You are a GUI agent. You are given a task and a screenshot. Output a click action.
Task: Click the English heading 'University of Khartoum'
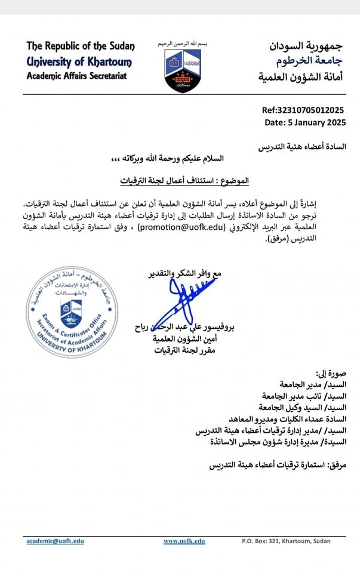[79, 61]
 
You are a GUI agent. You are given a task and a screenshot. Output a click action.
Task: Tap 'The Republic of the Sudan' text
[81, 47]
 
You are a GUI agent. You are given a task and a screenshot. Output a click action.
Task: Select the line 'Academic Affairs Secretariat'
[77, 76]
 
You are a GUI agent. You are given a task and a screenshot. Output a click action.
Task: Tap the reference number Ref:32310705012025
[303, 110]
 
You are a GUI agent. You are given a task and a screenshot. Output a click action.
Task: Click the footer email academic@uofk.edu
[55, 541]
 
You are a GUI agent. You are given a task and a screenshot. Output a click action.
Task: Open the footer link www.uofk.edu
[184, 541]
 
